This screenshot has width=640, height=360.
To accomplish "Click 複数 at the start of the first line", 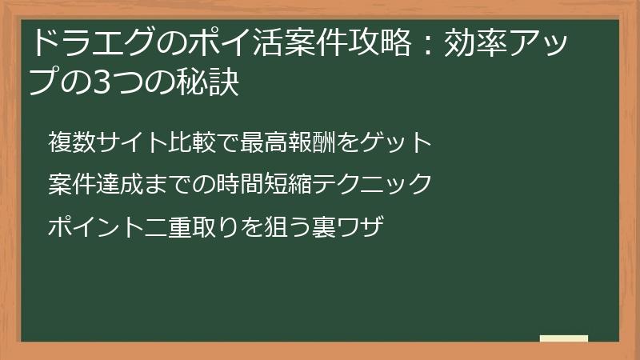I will (x=68, y=144).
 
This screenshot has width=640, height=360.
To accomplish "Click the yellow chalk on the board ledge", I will (x=564, y=338).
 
